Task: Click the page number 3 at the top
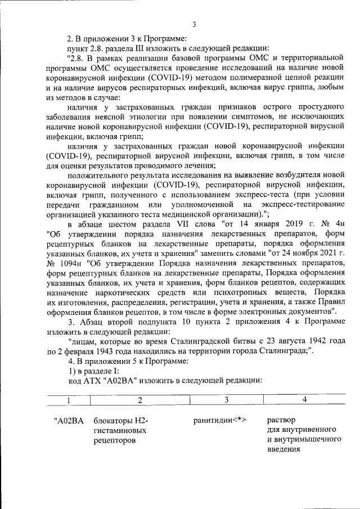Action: pos(193,24)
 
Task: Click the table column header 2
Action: pos(139,400)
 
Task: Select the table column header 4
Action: pos(304,400)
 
